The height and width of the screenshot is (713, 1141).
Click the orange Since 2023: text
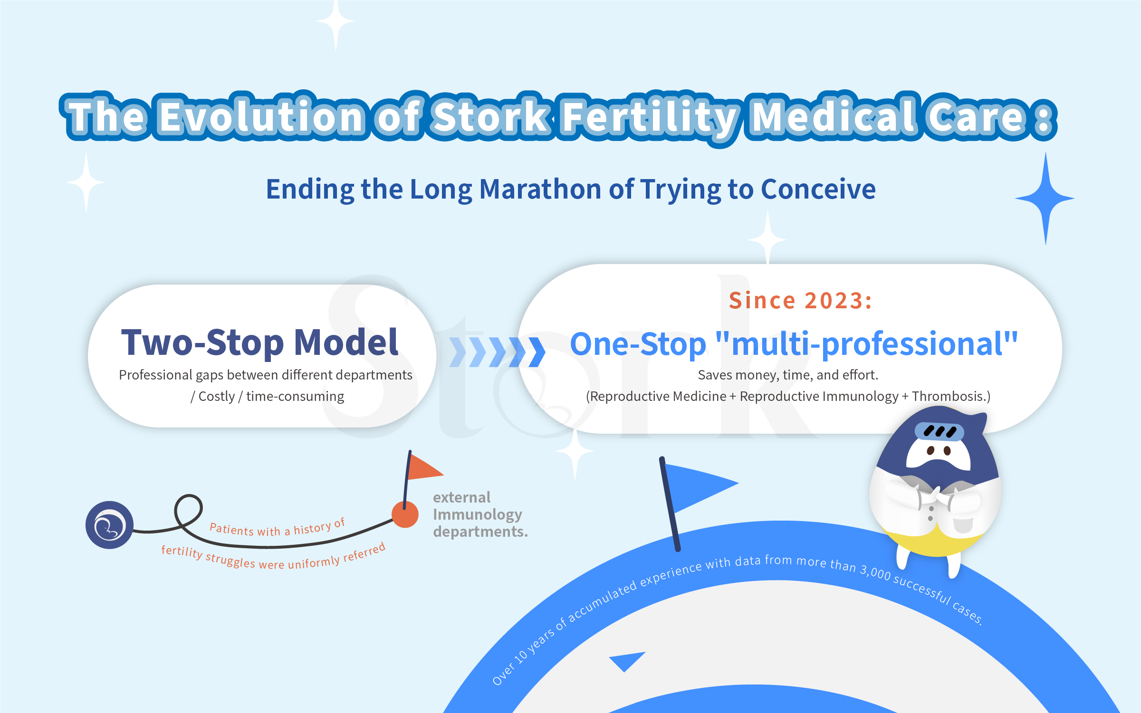click(x=801, y=300)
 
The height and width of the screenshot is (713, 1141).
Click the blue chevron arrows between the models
click(x=497, y=352)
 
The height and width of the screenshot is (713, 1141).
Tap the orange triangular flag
click(x=425, y=467)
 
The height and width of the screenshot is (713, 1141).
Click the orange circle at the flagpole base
click(x=405, y=514)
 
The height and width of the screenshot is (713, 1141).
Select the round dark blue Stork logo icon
click(x=109, y=525)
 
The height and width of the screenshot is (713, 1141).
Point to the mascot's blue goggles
click(x=939, y=431)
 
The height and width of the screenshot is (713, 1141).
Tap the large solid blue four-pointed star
click(x=1045, y=199)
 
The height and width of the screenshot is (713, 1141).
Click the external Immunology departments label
click(x=480, y=514)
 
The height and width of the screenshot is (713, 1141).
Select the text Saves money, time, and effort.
click(x=788, y=375)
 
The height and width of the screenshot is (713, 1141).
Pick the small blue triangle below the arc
click(x=627, y=661)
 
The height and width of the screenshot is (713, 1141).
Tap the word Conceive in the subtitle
click(x=818, y=189)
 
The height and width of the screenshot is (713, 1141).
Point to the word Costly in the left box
click(x=217, y=396)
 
